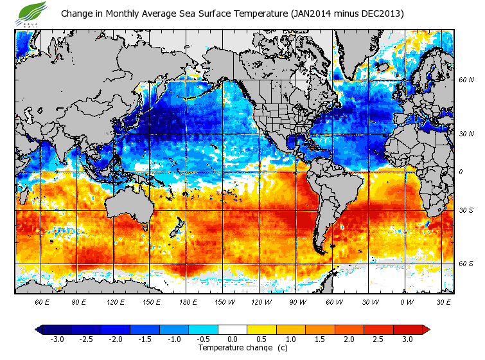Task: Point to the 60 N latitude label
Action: (x=466, y=80)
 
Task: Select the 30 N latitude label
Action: (x=466, y=134)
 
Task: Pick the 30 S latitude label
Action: (x=466, y=210)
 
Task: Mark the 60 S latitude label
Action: (x=466, y=264)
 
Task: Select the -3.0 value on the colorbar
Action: (x=57, y=339)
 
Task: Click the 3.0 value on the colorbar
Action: (x=407, y=339)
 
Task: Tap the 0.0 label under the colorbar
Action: (x=232, y=339)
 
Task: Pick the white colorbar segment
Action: (x=232, y=329)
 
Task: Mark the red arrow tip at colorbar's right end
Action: (x=426, y=329)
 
